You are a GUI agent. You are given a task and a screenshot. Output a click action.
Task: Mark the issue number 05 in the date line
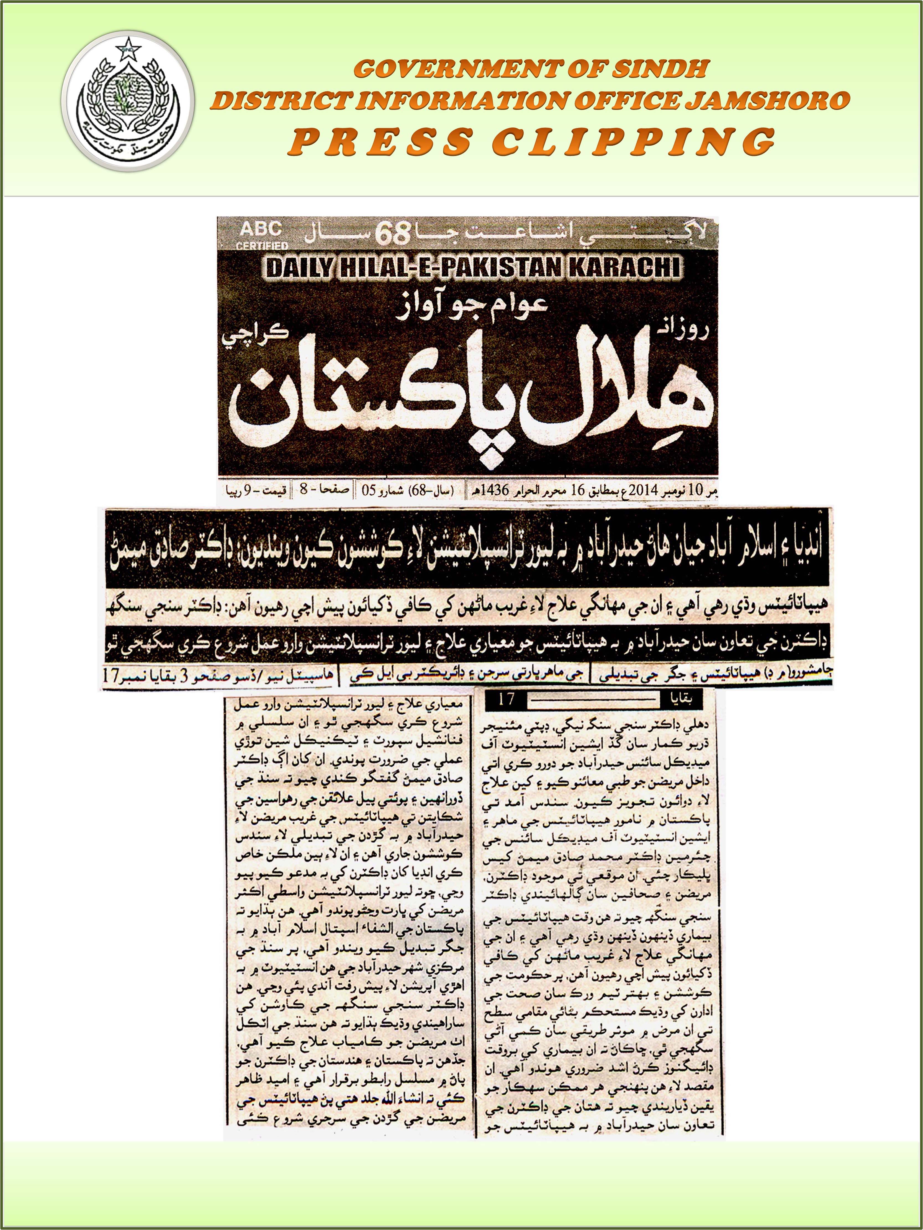(369, 491)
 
